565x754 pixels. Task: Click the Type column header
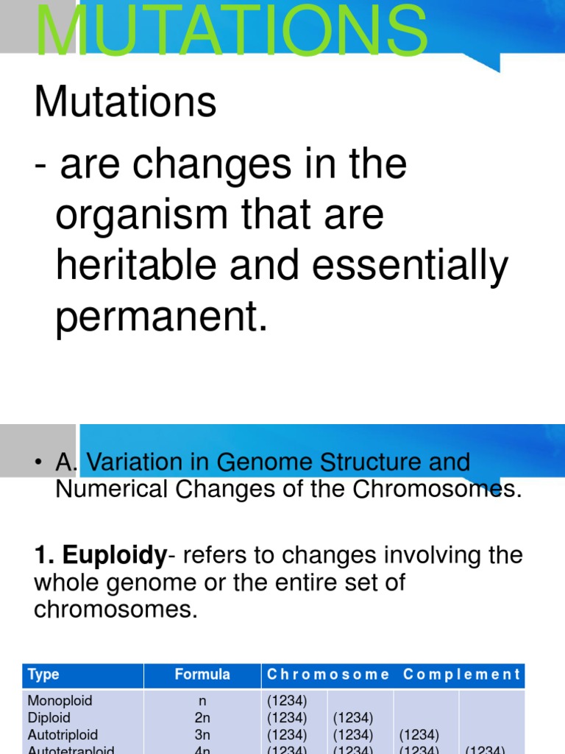43,674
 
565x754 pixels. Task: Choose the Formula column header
202,674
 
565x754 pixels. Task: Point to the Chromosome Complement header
394,674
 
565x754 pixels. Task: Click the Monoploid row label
60,700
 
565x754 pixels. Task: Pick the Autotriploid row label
63,734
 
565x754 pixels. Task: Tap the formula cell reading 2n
202,717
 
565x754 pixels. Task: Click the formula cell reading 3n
202,734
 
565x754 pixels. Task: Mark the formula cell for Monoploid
202,700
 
